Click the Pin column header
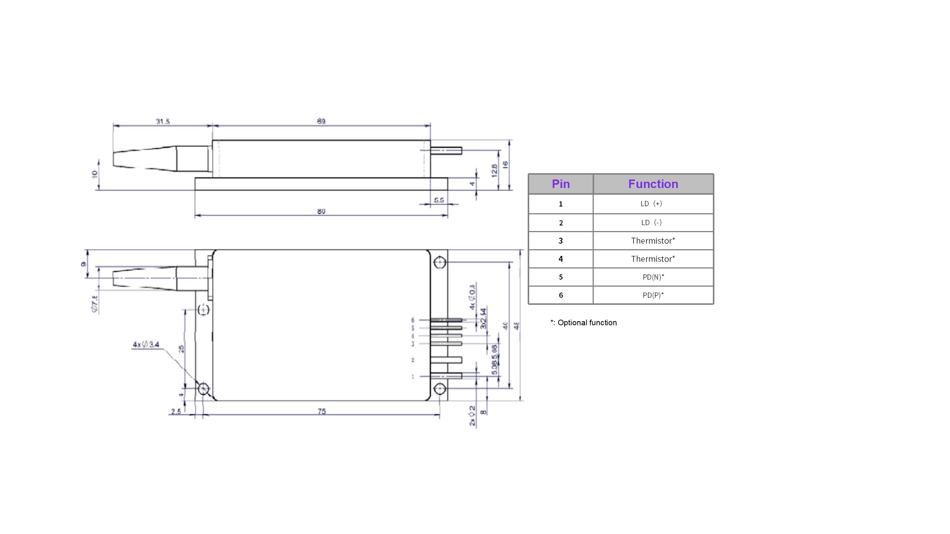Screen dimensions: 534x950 coord(560,184)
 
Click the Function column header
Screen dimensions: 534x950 coord(653,184)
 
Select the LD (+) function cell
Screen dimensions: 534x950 coord(651,204)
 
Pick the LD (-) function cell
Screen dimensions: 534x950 coord(651,222)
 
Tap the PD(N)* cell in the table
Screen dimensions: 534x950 coord(653,277)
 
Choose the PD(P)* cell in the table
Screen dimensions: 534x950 coord(653,295)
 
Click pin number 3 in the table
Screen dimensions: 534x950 coord(560,241)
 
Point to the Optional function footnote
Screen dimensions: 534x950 coord(583,323)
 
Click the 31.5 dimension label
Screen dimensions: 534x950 coord(163,121)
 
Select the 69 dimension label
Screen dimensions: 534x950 coord(321,121)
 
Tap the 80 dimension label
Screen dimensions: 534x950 coord(321,211)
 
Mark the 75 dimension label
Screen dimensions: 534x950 coord(321,411)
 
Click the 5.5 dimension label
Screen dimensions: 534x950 coord(439,200)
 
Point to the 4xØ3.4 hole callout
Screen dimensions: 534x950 coord(146,345)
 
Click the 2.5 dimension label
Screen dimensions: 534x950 coord(176,411)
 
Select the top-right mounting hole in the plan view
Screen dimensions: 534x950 coord(439,263)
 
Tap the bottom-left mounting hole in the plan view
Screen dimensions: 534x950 coord(203,389)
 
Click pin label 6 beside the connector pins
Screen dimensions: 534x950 coord(413,320)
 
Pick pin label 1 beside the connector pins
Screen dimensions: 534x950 coord(413,377)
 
